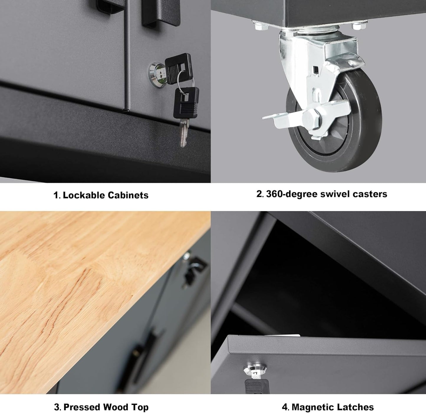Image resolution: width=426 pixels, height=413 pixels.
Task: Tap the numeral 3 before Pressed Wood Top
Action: pos(57,407)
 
